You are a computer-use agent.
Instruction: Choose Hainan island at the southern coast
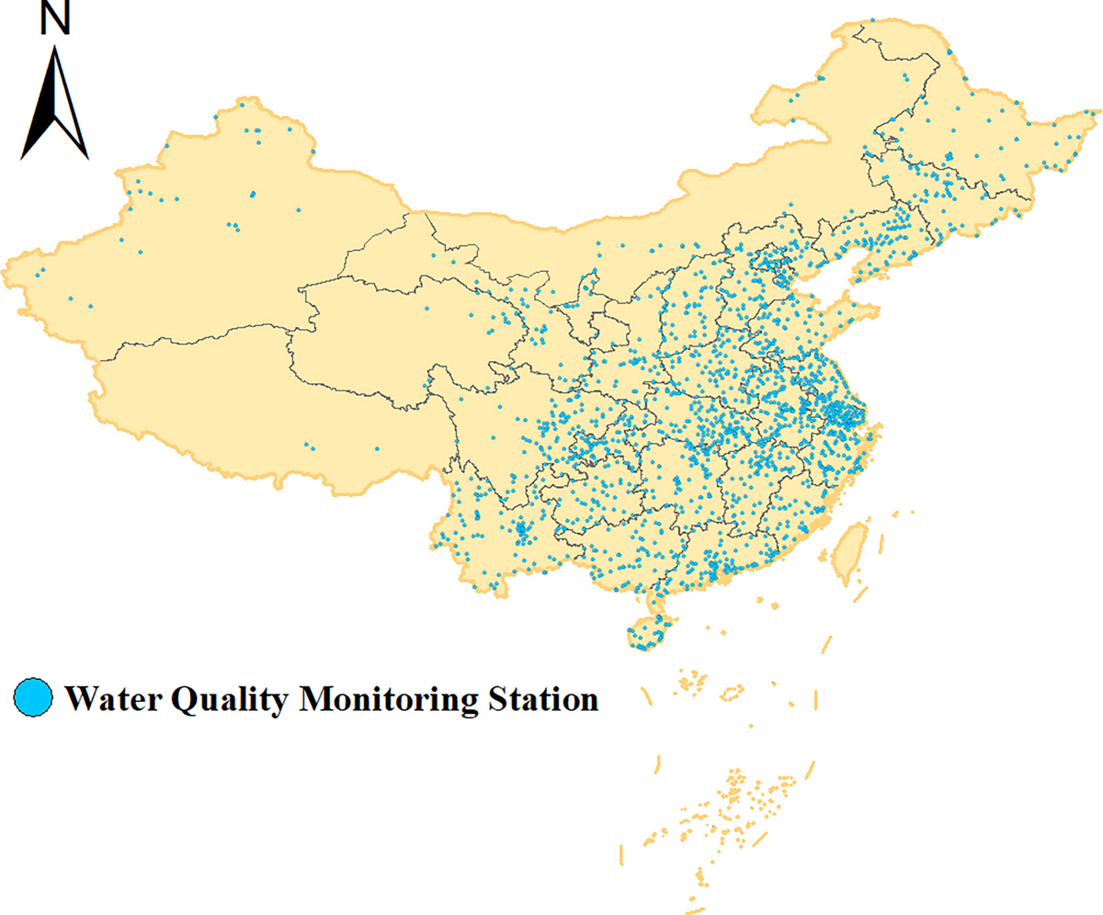(649, 634)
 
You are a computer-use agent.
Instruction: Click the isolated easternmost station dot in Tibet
(377, 449)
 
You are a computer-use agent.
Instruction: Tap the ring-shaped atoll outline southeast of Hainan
(733, 692)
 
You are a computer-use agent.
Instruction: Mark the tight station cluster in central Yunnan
(522, 529)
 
